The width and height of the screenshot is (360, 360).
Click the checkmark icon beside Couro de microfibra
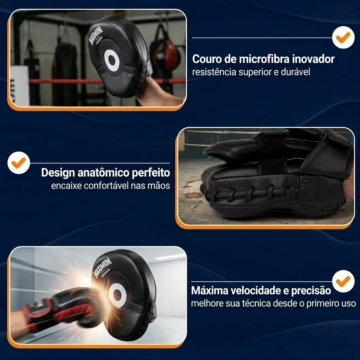(x=343, y=37)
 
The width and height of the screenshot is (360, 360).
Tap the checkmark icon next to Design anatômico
(x=19, y=163)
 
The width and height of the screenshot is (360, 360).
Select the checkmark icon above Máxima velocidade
(x=343, y=281)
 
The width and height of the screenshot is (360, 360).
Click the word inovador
(x=313, y=59)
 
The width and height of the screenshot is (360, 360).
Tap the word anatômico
(x=101, y=173)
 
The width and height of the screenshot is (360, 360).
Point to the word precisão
(x=311, y=291)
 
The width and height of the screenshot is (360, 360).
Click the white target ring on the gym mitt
(x=112, y=60)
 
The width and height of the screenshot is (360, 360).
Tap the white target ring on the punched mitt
(x=117, y=295)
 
